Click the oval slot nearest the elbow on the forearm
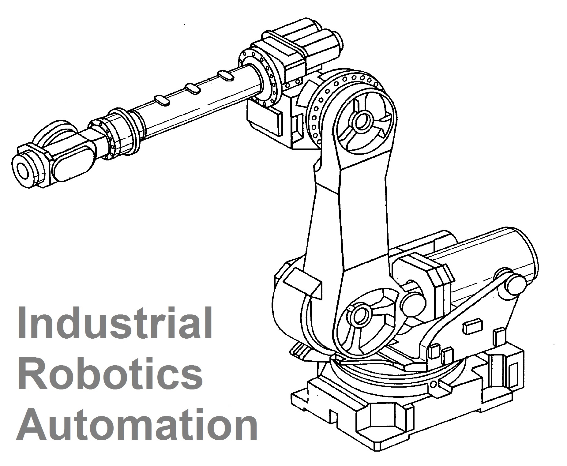tap(226, 75)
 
